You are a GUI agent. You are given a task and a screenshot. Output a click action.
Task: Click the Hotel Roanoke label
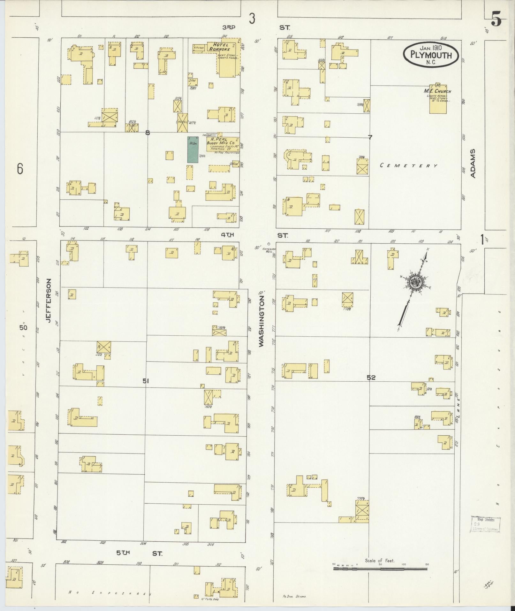point(220,47)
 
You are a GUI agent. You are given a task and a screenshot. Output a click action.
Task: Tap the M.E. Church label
point(437,91)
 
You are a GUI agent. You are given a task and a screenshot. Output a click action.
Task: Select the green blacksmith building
point(193,149)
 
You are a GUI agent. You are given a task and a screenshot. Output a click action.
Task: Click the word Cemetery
point(408,165)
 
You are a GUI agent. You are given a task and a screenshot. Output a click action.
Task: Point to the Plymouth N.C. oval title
point(431,55)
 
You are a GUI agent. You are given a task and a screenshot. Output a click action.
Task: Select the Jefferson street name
point(49,300)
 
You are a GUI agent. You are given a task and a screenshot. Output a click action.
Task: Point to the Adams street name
point(473,163)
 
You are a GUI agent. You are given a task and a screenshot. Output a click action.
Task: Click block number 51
point(146,381)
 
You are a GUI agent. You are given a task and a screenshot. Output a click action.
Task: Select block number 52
point(371,378)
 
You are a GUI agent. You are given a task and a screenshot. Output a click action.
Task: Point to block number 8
point(148,133)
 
